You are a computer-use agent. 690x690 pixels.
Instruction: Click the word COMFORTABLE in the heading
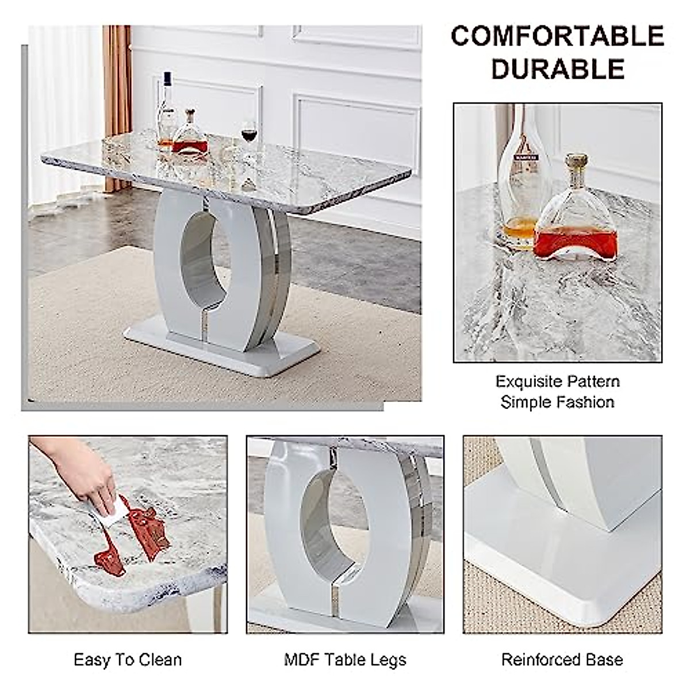point(557,36)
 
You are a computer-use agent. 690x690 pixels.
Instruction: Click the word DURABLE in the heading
point(557,69)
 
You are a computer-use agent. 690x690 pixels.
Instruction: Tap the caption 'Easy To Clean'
point(128,660)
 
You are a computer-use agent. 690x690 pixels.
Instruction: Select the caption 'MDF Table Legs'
point(345,660)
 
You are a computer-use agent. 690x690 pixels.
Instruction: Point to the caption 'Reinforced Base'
point(562,660)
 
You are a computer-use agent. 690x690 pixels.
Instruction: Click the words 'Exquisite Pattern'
point(557,381)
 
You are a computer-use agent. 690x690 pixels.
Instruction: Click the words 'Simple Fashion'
point(557,401)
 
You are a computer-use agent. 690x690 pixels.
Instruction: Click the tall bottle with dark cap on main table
point(167,112)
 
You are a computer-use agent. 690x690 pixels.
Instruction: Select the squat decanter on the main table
point(190,138)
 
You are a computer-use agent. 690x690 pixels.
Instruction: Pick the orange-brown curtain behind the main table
point(117,103)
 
